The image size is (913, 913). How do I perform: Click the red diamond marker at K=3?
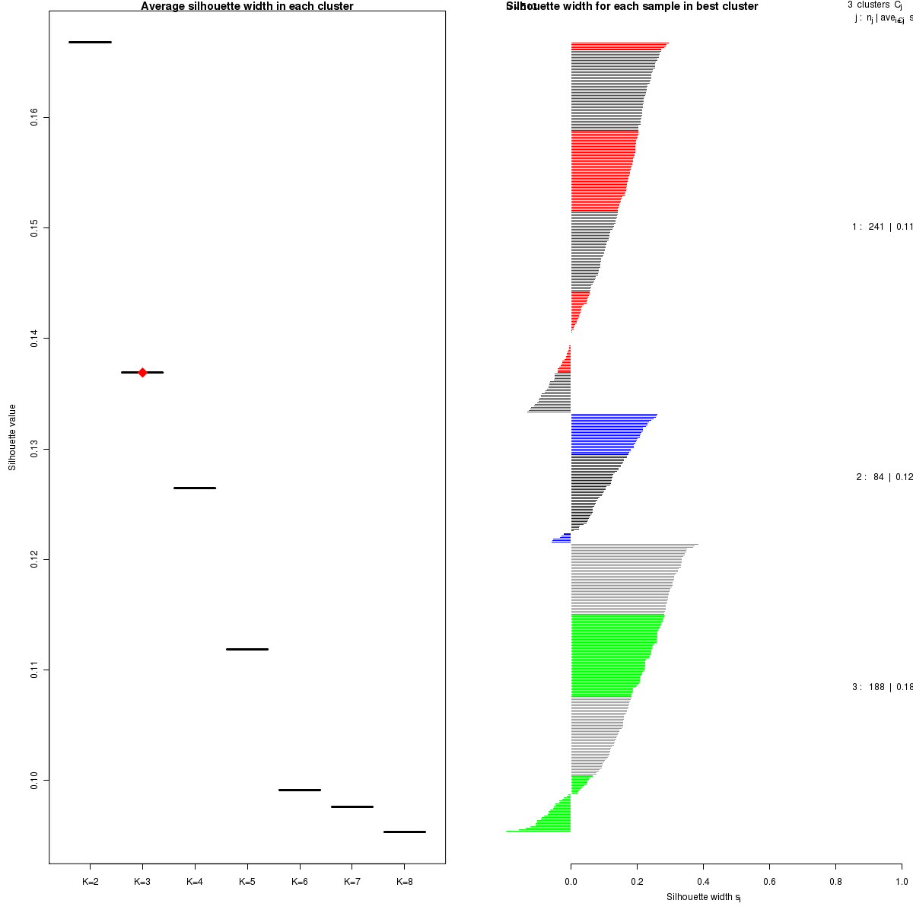click(x=142, y=372)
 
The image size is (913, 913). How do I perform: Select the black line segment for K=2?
click(x=90, y=42)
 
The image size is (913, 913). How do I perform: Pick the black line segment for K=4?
click(x=195, y=488)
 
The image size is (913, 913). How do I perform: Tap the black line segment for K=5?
click(x=247, y=649)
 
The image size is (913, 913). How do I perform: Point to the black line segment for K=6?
click(x=300, y=790)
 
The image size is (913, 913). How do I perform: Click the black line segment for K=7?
click(x=352, y=806)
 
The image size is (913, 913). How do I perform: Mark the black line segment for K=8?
click(x=404, y=832)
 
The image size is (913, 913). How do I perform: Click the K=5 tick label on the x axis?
click(x=247, y=882)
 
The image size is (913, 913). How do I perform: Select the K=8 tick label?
click(x=404, y=882)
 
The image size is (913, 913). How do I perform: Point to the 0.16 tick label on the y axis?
click(x=35, y=117)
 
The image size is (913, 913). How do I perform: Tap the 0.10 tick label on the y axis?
click(x=35, y=780)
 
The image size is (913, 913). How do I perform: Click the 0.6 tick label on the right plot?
click(x=769, y=882)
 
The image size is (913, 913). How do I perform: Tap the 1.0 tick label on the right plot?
click(x=901, y=882)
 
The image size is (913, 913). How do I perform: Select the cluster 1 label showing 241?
click(x=881, y=227)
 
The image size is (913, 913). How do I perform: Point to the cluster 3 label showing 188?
click(x=881, y=687)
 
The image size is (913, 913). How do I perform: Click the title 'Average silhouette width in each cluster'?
click(x=247, y=6)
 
